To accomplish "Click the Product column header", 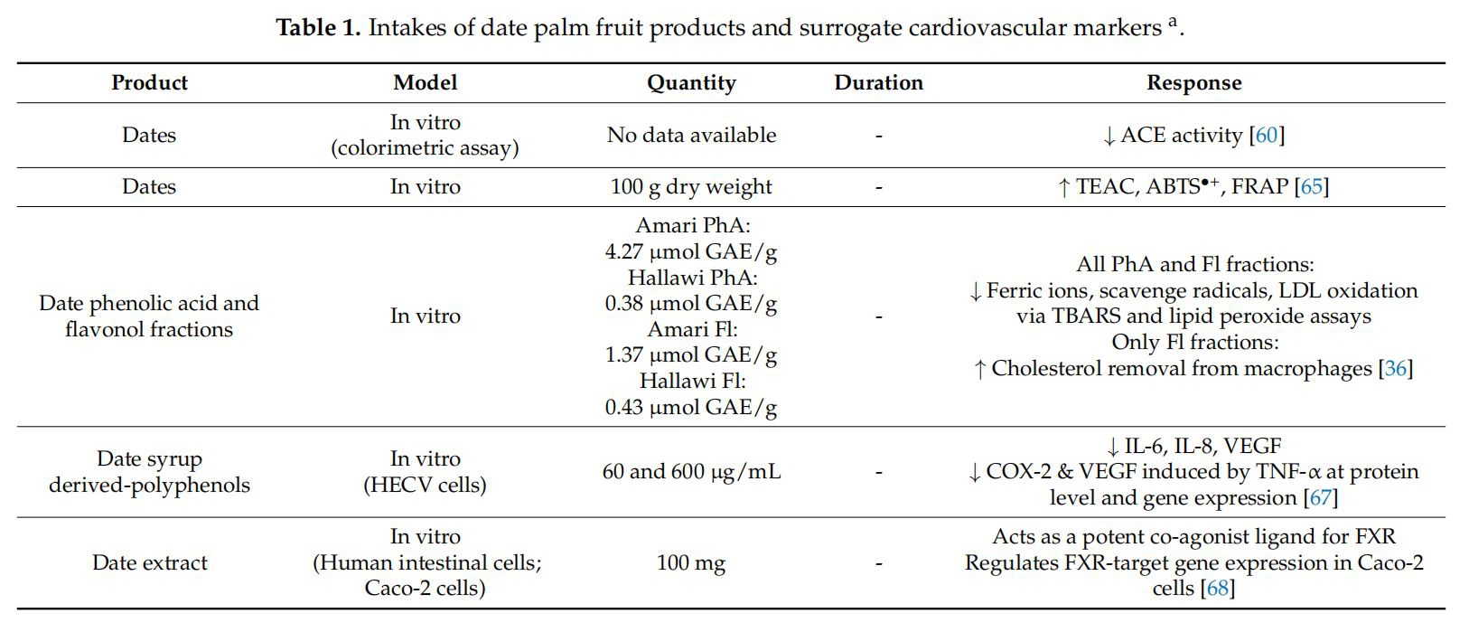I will (149, 83).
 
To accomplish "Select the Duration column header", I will (878, 83).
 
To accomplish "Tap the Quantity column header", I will (691, 83).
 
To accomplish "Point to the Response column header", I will (1193, 83).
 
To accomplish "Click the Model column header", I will (425, 83).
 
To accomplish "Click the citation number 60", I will (1267, 136).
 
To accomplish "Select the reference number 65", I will (1311, 187).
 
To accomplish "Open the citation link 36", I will (1396, 369).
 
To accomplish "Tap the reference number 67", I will (1320, 498).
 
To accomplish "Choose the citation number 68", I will (1217, 589).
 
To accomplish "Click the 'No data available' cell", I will (691, 136).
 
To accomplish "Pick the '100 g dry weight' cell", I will (691, 187).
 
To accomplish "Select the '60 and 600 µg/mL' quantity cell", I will (691, 472).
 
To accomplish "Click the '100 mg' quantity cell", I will (691, 563).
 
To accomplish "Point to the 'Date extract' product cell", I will (149, 563).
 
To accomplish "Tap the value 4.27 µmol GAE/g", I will (691, 251).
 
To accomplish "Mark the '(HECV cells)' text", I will (425, 486).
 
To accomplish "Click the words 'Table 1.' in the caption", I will (319, 28).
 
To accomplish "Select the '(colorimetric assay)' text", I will (425, 148).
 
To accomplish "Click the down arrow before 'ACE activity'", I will (1109, 137).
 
